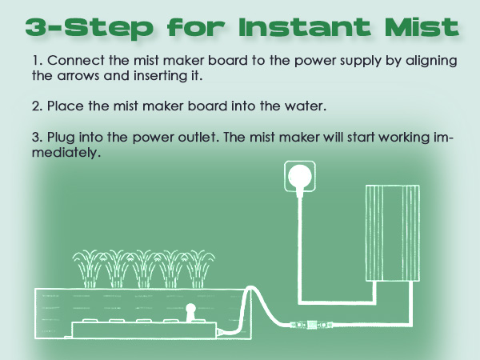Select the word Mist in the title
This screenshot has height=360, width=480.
tap(419, 26)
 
